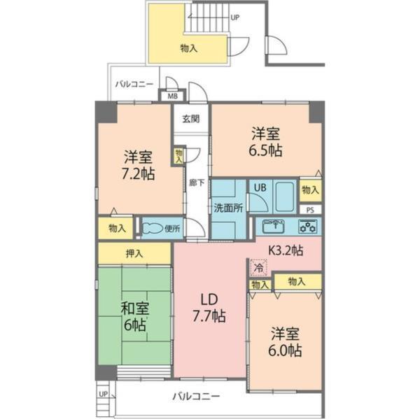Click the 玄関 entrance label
click(x=190, y=118)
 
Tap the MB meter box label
click(x=171, y=97)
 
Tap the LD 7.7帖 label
click(x=209, y=307)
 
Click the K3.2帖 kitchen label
click(x=286, y=249)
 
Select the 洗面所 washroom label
click(x=228, y=207)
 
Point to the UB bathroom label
click(x=259, y=187)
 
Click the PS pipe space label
click(x=311, y=209)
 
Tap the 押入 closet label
click(x=134, y=253)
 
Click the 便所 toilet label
click(x=172, y=227)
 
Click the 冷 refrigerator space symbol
click(x=258, y=267)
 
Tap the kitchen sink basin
click(x=272, y=226)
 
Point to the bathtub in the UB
click(x=284, y=197)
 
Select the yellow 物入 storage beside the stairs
click(x=188, y=48)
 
